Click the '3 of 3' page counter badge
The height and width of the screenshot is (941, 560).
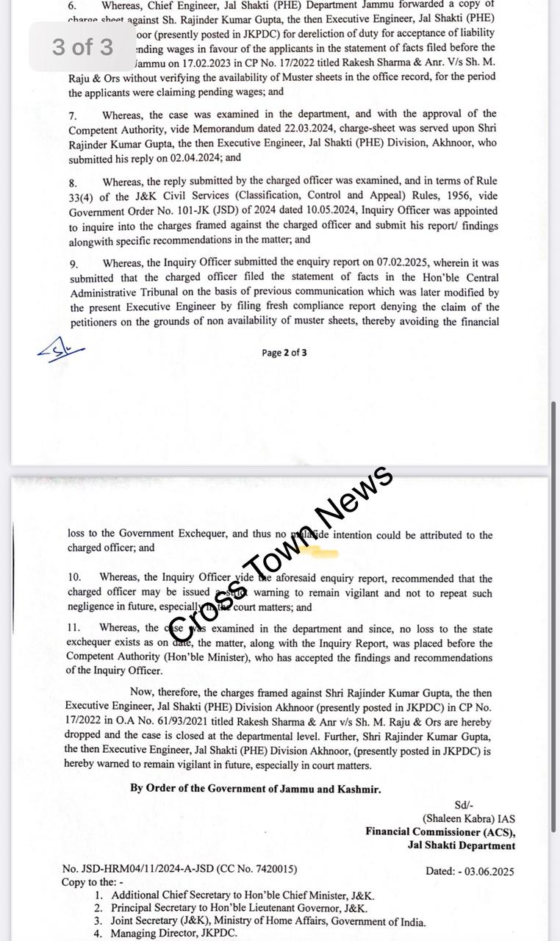[82, 47]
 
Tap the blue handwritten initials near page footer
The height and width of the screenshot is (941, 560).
[60, 351]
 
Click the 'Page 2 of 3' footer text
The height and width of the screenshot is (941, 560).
[284, 353]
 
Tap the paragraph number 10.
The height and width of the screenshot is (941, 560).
[74, 579]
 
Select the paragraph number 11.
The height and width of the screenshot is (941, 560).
[74, 628]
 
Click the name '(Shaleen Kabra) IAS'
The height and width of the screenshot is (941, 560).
[468, 819]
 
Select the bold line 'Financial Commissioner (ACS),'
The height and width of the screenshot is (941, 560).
[440, 832]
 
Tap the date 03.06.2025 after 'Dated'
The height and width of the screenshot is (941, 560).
[490, 872]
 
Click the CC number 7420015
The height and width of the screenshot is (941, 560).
[274, 869]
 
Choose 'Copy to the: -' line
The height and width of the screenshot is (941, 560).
[93, 882]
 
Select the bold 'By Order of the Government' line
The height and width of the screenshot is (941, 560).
[256, 789]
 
